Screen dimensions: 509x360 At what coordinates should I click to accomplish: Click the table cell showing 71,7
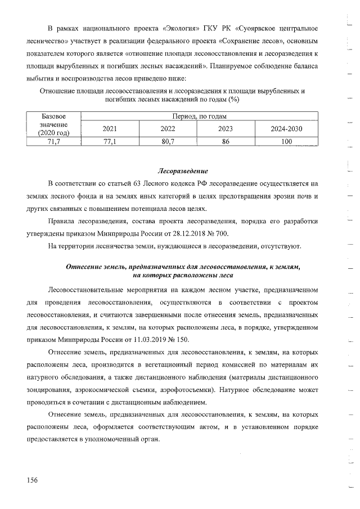pyautogui.click(x=54, y=142)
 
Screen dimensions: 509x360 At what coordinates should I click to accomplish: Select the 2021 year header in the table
pyautogui.click(x=110, y=129)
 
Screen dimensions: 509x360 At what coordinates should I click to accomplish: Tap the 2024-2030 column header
pyautogui.click(x=286, y=129)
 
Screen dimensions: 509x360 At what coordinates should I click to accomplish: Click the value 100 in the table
pyautogui.click(x=286, y=142)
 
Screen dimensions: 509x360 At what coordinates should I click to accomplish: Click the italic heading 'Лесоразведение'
pyautogui.click(x=182, y=170)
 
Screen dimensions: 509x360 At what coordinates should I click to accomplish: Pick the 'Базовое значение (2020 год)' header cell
pyautogui.click(x=54, y=124)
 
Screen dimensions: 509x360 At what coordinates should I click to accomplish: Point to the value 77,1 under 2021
pyautogui.click(x=110, y=142)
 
